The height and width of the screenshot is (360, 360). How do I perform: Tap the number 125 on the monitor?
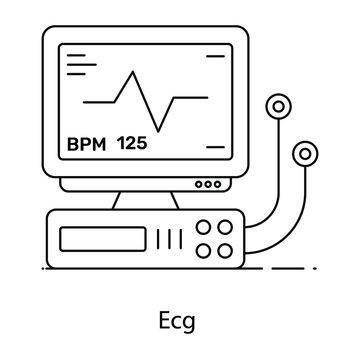tap(133, 142)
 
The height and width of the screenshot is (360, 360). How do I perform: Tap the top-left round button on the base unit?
tap(208, 226)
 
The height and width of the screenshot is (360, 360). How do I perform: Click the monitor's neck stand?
tap(140, 201)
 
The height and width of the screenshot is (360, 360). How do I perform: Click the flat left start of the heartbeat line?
tap(97, 101)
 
